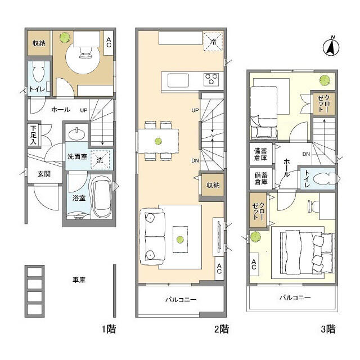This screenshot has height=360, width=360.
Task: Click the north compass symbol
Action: point(331,47)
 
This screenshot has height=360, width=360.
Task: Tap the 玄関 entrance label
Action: point(44,174)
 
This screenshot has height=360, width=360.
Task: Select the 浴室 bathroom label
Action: point(79,197)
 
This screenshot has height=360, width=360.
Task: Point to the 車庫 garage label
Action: point(79,280)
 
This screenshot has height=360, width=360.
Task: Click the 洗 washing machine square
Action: point(100,160)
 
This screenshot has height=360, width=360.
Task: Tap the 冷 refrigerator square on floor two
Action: point(213,42)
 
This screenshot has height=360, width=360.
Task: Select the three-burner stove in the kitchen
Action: point(211,79)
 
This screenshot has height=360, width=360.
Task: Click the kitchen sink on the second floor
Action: point(178,80)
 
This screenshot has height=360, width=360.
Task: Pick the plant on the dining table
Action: point(158,141)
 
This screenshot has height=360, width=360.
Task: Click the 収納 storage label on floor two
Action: point(213,185)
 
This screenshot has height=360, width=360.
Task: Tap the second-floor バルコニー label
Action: point(181,300)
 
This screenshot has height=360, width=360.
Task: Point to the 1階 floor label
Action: point(109,329)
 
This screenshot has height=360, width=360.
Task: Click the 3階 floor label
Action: point(328,329)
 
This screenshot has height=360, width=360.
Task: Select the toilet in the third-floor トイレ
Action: point(325,178)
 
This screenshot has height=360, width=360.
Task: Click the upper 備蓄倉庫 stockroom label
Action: point(260,154)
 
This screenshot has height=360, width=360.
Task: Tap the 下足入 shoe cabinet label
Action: point(34,135)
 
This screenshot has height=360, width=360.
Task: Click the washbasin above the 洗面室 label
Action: point(76,134)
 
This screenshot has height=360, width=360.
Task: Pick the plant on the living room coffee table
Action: point(180,240)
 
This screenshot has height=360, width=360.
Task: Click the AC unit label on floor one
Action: point(109,43)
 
